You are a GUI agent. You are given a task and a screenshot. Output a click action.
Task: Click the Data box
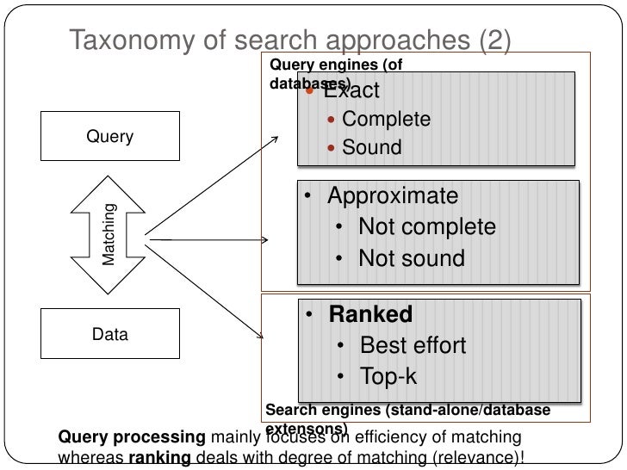pos(110,334)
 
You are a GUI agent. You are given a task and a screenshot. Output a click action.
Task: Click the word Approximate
pos(393,196)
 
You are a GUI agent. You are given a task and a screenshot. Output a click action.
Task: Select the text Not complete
pos(426,227)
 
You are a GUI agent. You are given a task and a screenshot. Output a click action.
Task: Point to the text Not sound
pos(411,258)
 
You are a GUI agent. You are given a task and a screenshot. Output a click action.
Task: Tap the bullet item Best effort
pos(413,345)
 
